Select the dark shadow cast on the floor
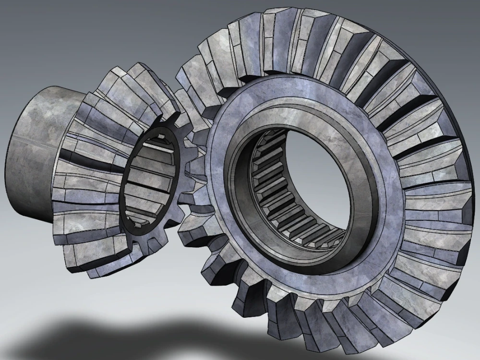120,336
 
